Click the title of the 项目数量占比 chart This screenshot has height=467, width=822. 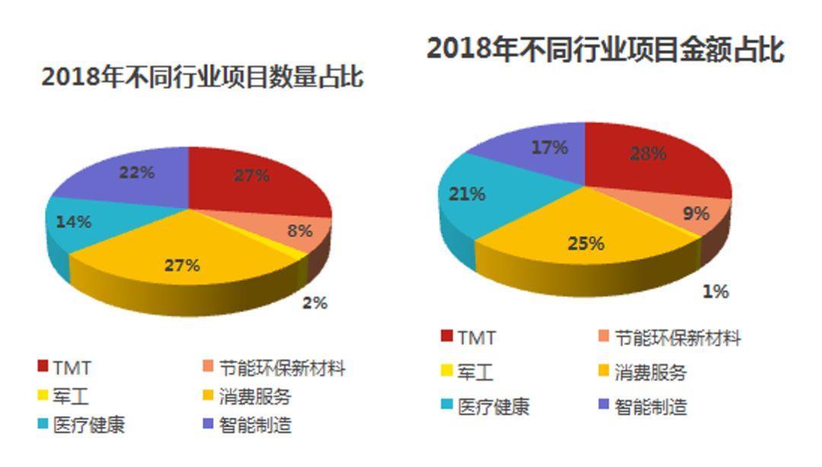point(202,78)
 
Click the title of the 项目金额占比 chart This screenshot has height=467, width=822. point(605,49)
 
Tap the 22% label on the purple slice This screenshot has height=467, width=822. point(137,173)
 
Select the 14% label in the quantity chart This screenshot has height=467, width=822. point(74,222)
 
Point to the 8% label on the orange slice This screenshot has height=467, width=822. point(300,230)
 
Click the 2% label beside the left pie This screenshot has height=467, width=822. point(314,303)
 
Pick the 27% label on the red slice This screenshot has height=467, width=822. point(251,176)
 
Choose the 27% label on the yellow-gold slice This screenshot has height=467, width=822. point(183,265)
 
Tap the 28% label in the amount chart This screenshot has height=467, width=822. point(648,153)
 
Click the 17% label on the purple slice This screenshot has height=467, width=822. point(550,148)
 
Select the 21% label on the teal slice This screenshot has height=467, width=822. point(467,194)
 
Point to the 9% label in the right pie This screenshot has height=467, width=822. point(696,214)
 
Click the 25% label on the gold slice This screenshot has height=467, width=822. point(586,243)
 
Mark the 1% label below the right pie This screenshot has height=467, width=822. point(715,291)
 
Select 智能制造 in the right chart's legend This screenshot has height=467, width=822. point(651,407)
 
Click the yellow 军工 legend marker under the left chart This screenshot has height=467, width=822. point(43,396)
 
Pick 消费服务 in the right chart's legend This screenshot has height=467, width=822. point(651,373)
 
